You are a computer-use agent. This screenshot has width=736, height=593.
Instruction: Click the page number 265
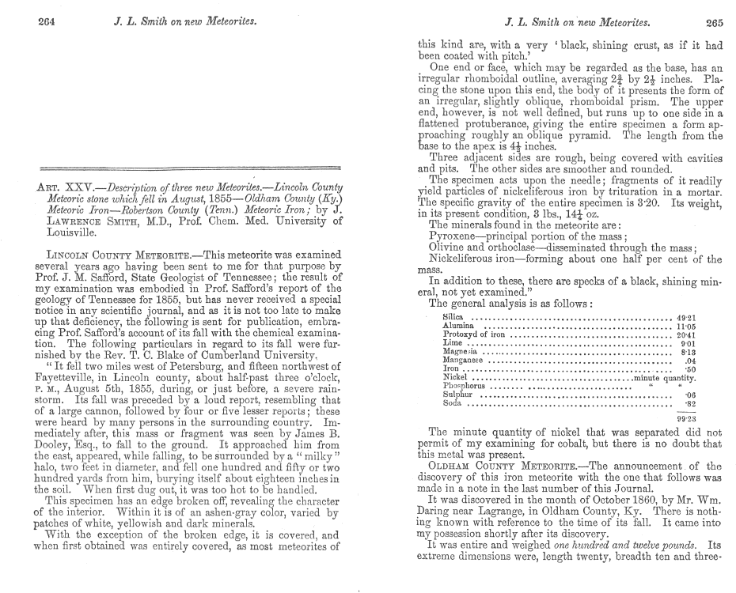pyautogui.click(x=714, y=22)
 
